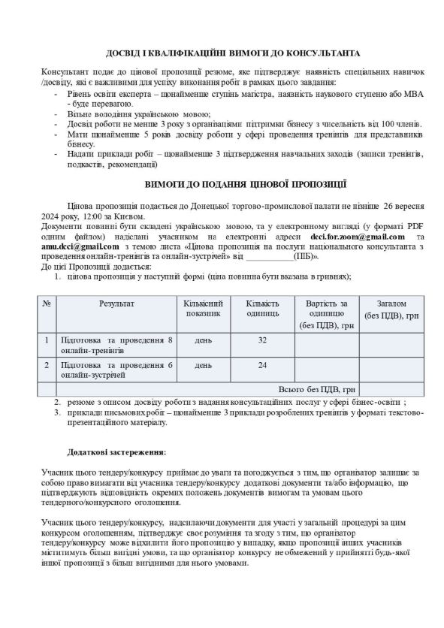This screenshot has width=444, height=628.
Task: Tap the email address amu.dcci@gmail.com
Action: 80,246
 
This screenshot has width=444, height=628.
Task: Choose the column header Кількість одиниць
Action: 262,308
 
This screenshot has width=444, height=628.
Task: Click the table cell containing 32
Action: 262,341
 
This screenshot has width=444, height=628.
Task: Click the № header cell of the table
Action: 47,303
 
